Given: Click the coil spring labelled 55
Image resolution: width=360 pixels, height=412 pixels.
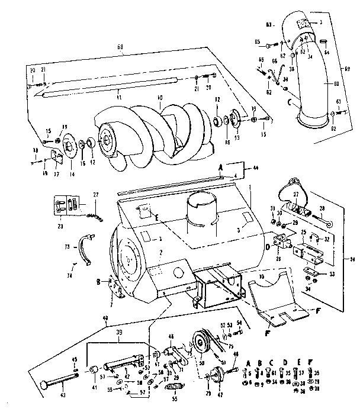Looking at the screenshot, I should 173,387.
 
